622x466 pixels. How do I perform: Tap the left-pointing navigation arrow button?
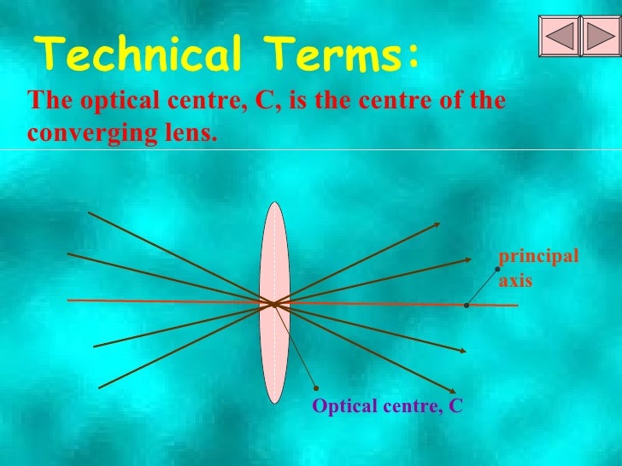coord(559,35)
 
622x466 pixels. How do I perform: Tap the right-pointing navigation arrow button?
coord(599,35)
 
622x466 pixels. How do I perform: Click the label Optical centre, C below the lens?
coord(387,406)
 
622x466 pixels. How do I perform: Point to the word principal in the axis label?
coord(538,257)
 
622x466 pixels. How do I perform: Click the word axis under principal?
coord(515,279)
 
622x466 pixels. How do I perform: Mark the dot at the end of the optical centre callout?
coord(316,387)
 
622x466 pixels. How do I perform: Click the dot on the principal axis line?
coord(466,305)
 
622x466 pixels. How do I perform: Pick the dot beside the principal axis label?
coord(497,269)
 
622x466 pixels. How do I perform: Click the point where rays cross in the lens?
coord(273,303)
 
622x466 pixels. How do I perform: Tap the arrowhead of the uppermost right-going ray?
coord(437,224)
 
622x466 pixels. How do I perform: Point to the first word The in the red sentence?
coord(46,102)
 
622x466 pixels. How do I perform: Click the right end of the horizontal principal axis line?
coord(516,305)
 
